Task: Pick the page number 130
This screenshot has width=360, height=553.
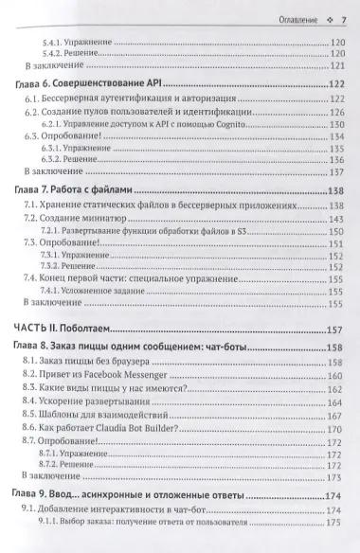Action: point(333,125)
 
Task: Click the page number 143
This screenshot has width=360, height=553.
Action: point(333,218)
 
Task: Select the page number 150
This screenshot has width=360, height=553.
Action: point(333,230)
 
